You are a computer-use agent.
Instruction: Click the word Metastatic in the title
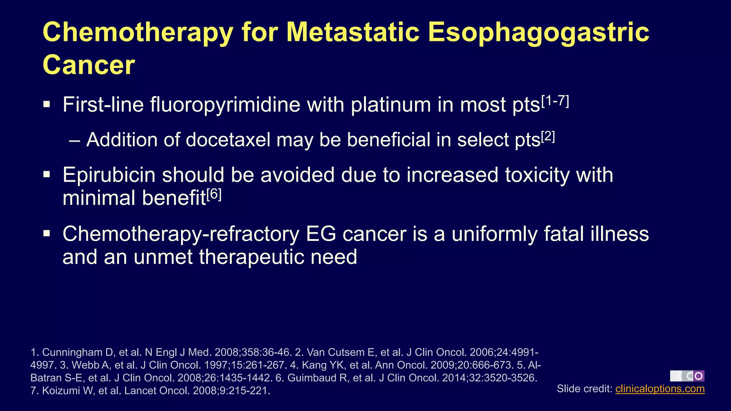[x=353, y=32]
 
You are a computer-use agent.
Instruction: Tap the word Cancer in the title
[x=89, y=65]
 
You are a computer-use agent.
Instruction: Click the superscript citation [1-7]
[x=555, y=102]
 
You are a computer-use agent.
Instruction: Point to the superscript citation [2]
[x=548, y=137]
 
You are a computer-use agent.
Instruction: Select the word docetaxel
[x=228, y=139]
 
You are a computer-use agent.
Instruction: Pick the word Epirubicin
[x=109, y=175]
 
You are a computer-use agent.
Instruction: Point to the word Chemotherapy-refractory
[x=181, y=234]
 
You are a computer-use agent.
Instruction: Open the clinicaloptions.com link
[x=660, y=389]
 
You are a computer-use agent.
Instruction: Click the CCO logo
[x=687, y=376]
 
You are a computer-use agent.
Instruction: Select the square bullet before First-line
[x=47, y=105]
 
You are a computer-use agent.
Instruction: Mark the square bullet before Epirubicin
[x=47, y=174]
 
